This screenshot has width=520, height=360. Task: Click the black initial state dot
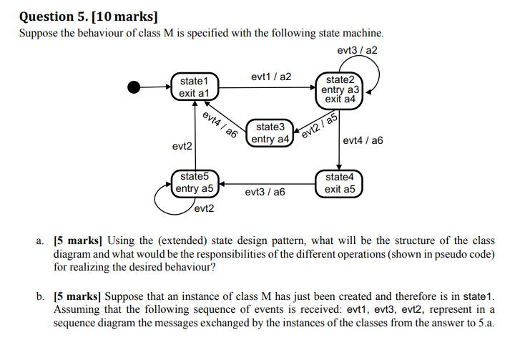coord(134,87)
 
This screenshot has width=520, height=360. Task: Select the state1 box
coord(194,87)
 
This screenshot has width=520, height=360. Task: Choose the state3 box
coord(270,133)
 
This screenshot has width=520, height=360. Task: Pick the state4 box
coord(339,183)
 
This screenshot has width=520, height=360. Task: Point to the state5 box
coord(195,183)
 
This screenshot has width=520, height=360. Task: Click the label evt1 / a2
coord(271,77)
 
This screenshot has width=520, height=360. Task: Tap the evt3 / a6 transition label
coord(265,193)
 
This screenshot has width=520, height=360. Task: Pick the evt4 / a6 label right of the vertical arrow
coord(363,141)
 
